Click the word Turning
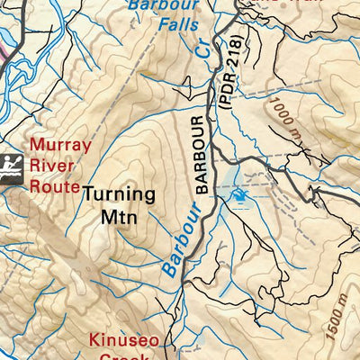coord(119,194)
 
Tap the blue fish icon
coord(238,194)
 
